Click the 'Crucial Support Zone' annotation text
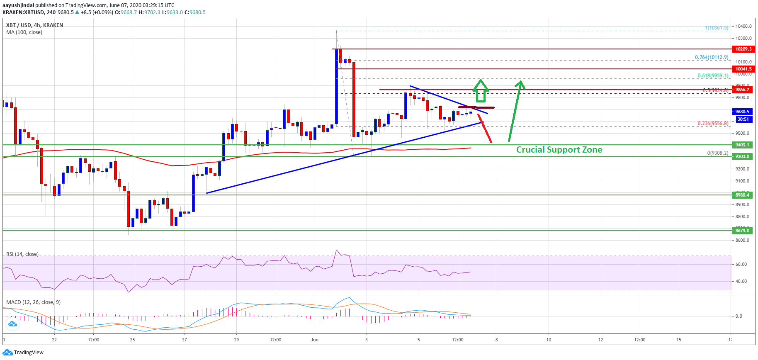[x=559, y=150]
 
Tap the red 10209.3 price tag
[x=743, y=49]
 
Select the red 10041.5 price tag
[x=743, y=69]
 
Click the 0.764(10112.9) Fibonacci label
[x=712, y=58]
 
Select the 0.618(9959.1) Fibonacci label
[x=713, y=75]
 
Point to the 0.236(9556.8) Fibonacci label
[x=713, y=124]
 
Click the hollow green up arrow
[x=481, y=91]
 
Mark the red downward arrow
[x=485, y=129]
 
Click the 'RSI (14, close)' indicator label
[x=22, y=254]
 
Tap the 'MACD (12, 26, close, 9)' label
[x=33, y=302]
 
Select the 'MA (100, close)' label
[x=24, y=32]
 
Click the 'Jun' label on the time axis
[x=315, y=340]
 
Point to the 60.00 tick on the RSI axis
[x=741, y=264]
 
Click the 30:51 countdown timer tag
[x=743, y=119]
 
